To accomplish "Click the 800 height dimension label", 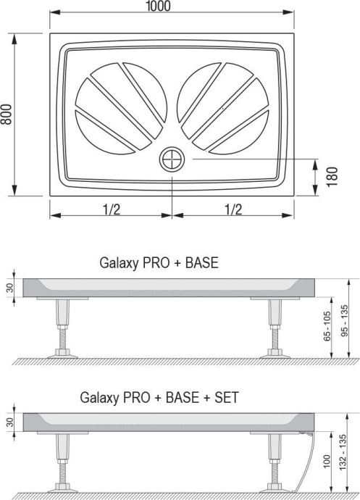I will [x=7, y=113].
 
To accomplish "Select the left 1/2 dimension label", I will [x=111, y=209].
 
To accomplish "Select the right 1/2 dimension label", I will [x=233, y=209].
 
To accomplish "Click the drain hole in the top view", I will [x=172, y=159].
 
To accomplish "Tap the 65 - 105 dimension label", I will [x=327, y=327].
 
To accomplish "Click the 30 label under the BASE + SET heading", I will [x=10, y=422].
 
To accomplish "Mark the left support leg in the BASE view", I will [x=60, y=326].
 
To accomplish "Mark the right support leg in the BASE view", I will [x=275, y=326].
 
